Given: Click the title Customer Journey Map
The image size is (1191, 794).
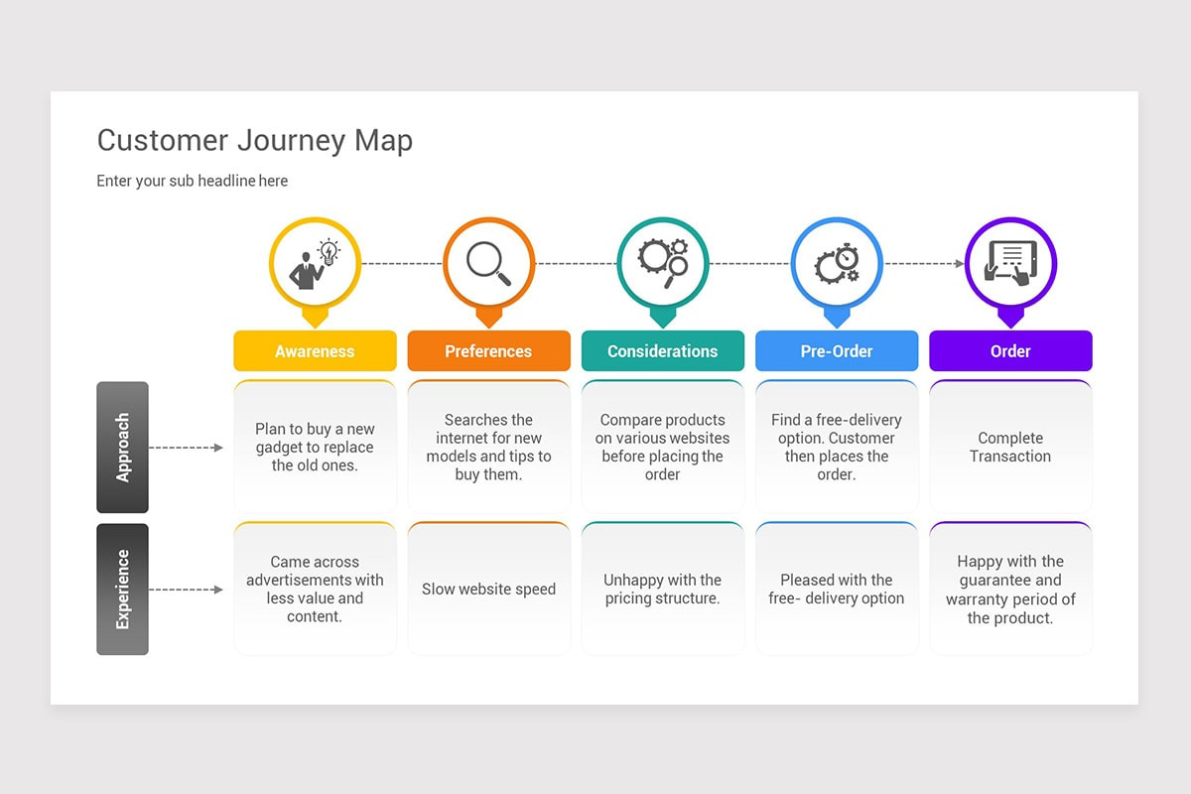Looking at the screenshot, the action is pos(255,141).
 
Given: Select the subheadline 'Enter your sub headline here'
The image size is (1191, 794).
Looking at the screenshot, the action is pos(192,181).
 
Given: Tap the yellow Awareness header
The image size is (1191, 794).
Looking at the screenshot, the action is pos(315,351).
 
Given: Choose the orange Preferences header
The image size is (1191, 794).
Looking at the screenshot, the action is pos(488,351).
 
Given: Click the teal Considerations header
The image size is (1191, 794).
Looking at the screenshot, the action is pos(663,351).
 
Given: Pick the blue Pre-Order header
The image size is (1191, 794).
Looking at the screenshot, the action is pos(837,351).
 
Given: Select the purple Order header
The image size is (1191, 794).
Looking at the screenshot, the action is pos(1010,351).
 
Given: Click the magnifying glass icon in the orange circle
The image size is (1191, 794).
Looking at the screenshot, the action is pos(488,264).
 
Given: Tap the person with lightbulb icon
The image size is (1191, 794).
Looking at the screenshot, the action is pos(315,264).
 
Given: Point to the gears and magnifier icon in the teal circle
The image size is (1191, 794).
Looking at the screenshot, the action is pos(663,263).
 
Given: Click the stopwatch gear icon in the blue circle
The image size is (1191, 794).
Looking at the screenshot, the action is pos(837,264).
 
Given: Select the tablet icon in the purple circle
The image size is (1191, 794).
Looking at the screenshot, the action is pos(1010,263).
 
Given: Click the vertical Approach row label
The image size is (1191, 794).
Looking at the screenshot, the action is pos(122,448).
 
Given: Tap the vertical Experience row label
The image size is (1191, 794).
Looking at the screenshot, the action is pos(122,590).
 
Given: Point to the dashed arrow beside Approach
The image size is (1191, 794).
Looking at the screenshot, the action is pos(186,448).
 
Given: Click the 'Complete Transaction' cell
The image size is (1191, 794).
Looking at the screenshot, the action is pos(1010,447).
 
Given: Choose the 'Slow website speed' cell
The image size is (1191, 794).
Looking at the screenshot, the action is pos(488,589).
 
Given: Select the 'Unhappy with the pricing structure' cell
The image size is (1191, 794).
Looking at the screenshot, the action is pos(663,589).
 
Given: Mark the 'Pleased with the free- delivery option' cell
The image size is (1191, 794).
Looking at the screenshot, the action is pos(837,589).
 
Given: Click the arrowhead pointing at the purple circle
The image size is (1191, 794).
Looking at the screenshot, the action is pos(959,264).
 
